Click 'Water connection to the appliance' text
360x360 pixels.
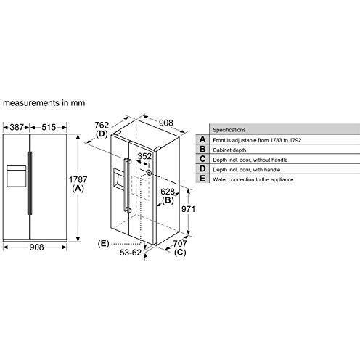(x=254, y=179)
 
